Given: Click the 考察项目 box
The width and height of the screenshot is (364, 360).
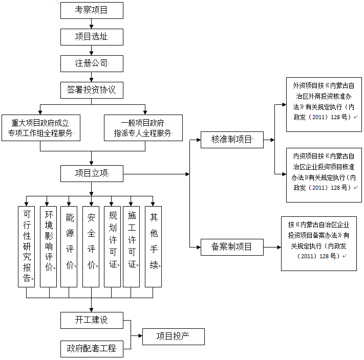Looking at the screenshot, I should (x=92, y=10).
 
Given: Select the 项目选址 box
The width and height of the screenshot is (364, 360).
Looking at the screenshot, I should (x=92, y=36).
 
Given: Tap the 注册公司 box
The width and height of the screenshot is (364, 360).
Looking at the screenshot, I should (x=92, y=63).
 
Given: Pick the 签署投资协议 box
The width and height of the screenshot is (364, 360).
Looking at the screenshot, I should (x=92, y=90).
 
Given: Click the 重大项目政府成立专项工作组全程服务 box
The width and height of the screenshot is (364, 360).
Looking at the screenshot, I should (x=40, y=128).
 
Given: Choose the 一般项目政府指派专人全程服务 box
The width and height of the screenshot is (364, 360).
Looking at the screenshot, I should (x=143, y=128).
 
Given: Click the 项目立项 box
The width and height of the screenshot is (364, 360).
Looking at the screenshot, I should (x=92, y=173).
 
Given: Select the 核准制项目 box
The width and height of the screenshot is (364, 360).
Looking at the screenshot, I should (x=231, y=140).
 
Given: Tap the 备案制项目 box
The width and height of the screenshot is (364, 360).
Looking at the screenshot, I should (x=231, y=247).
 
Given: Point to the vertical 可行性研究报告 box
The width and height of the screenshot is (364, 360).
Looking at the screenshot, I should (x=26, y=246).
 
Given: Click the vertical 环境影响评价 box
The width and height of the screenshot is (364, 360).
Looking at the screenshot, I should (x=48, y=246).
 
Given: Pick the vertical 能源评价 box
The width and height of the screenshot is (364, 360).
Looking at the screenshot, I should (x=69, y=246).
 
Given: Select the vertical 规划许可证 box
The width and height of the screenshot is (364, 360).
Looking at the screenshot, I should (x=112, y=246).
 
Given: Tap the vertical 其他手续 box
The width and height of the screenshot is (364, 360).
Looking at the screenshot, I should (x=153, y=246).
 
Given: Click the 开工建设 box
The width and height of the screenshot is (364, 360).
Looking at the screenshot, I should (x=92, y=320).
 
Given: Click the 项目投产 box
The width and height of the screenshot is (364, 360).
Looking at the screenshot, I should (x=173, y=336).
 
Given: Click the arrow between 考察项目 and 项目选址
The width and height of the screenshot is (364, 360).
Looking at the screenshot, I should (x=92, y=24).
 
